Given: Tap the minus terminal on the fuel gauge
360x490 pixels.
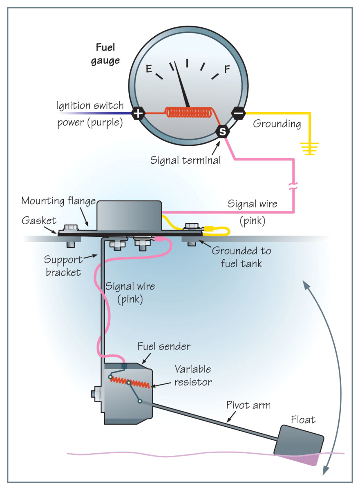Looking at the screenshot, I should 239,112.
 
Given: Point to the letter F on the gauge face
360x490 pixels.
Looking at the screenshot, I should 227,69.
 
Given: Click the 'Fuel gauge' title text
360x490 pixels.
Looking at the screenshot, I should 108,54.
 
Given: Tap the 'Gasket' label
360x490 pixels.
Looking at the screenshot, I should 39,220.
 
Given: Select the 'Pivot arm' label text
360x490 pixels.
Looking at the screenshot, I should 248,405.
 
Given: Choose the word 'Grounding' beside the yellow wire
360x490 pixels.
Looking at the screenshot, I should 277,124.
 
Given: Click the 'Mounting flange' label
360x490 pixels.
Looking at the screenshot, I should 58,201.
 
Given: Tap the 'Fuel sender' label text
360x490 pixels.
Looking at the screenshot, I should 163,347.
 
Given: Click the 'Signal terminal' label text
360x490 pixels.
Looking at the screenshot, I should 186,160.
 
